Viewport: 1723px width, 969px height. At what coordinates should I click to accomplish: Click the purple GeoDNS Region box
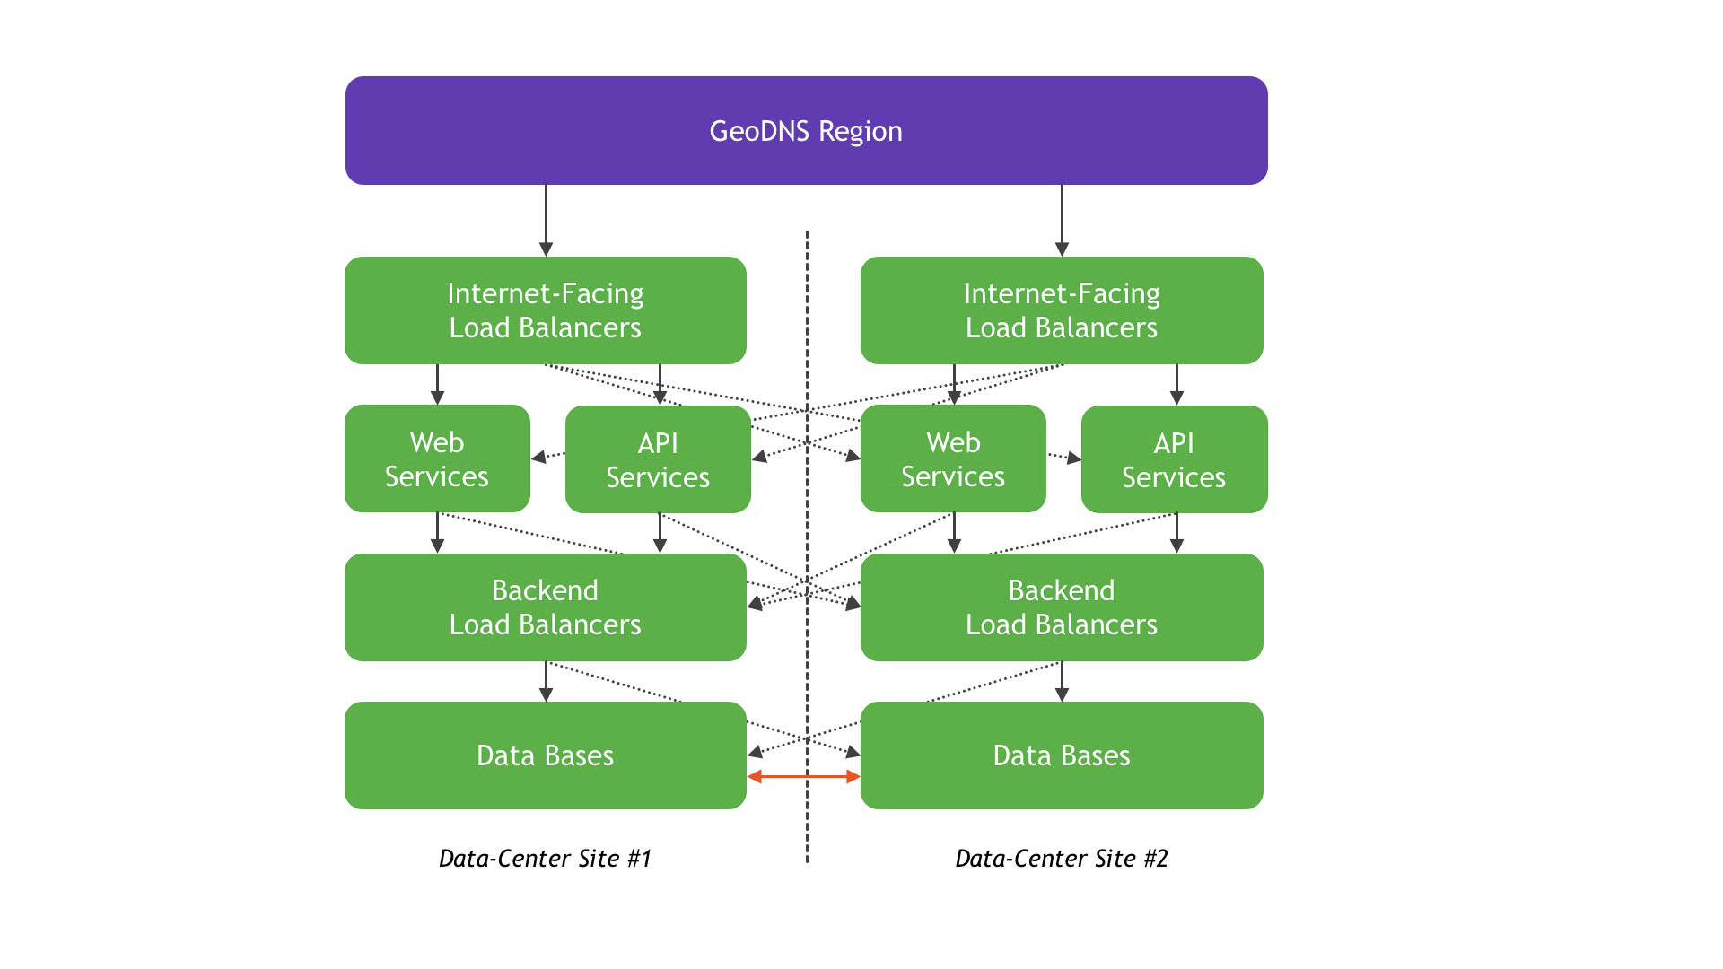[806, 130]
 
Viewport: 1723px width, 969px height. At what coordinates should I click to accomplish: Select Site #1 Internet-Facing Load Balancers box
[546, 310]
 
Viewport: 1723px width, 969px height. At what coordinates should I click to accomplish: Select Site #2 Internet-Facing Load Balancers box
[1062, 310]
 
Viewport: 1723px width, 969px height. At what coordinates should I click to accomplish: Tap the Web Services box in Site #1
[437, 458]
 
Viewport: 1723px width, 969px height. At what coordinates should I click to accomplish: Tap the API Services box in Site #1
[658, 459]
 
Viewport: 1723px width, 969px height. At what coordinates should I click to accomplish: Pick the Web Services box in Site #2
[953, 458]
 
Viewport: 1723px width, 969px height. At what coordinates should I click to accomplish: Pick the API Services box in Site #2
[1174, 459]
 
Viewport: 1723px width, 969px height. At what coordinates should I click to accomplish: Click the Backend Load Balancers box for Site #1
[546, 607]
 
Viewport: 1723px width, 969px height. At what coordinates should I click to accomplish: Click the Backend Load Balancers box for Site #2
[1062, 607]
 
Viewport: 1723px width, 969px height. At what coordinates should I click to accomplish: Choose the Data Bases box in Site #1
[546, 755]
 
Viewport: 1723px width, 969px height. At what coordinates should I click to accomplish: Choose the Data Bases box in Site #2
[1062, 755]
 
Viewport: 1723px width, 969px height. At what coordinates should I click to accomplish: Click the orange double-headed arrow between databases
[804, 776]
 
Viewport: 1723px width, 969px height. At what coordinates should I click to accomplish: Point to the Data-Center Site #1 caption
[545, 859]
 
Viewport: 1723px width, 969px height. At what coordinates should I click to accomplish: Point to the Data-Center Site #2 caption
[1062, 859]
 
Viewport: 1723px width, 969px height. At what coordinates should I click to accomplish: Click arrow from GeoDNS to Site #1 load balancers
[546, 221]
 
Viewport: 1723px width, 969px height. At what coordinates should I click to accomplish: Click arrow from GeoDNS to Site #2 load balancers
[1062, 221]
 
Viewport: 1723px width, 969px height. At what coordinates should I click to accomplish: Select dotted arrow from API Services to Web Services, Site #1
[548, 457]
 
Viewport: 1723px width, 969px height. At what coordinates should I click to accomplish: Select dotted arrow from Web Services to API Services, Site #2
[1064, 457]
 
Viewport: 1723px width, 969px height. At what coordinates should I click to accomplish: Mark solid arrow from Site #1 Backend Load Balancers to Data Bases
[546, 682]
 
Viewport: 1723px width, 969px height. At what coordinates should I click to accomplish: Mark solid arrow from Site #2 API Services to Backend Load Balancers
[1177, 533]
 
